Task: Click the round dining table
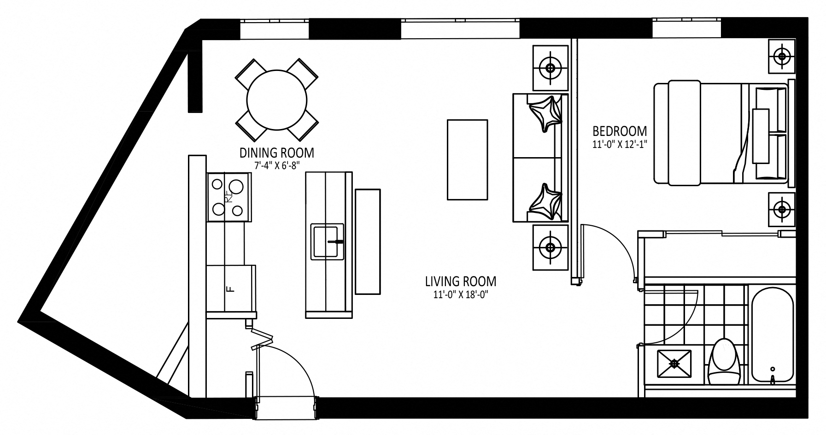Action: [276, 100]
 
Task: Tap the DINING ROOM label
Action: [276, 153]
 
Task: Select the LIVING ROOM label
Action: [461, 281]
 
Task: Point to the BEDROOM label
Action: [620, 131]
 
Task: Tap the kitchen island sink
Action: [327, 241]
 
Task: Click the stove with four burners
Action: [229, 197]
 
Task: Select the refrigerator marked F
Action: [230, 289]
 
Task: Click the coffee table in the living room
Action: [467, 159]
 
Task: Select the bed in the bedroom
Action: [721, 134]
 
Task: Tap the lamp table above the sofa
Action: [550, 68]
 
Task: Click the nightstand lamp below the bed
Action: [782, 210]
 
